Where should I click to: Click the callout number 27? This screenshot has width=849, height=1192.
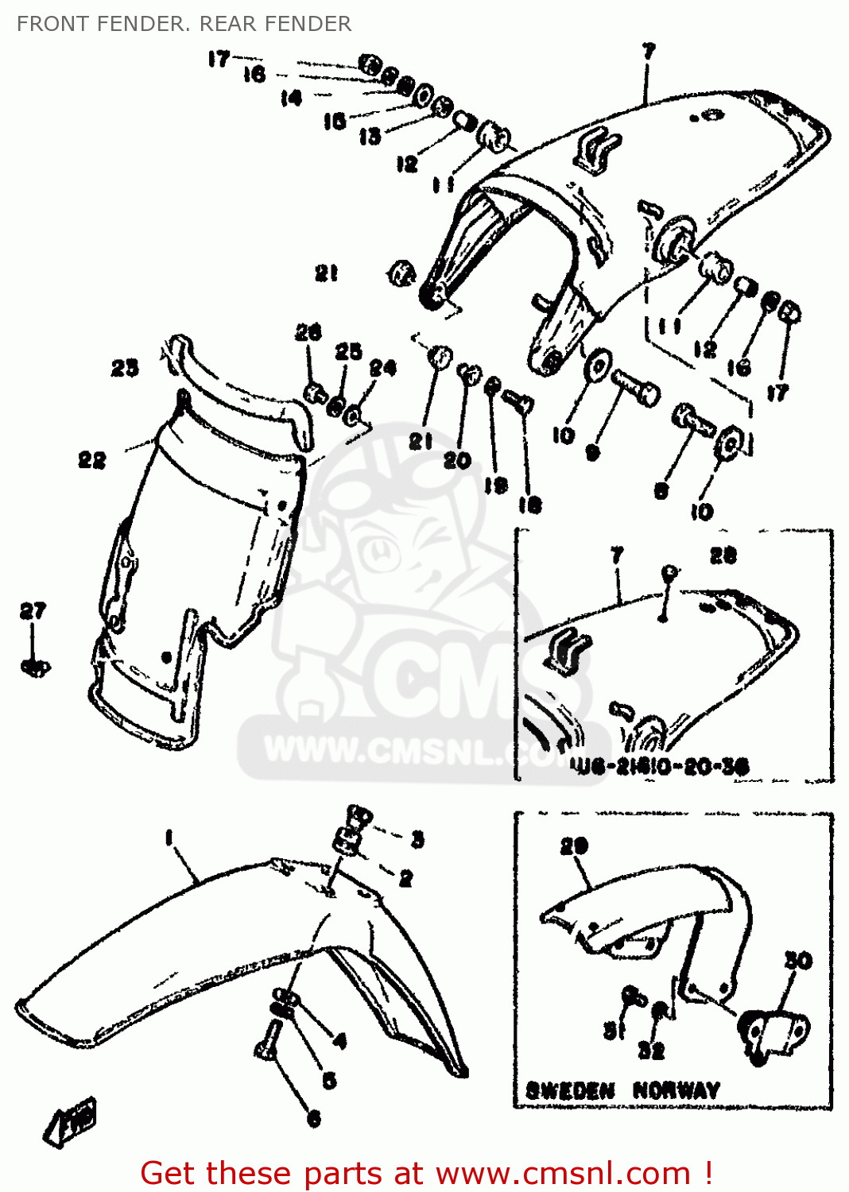(x=33, y=610)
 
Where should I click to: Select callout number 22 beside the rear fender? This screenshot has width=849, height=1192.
(x=91, y=460)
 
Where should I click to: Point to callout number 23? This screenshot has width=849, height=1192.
(x=125, y=367)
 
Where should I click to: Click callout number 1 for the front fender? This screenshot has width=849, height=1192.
(x=169, y=837)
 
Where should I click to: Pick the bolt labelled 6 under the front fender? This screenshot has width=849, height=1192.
(x=268, y=1043)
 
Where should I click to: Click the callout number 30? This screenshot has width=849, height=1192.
(x=798, y=960)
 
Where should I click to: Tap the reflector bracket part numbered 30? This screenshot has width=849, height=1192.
(x=775, y=1033)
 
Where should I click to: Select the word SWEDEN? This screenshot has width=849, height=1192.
(x=570, y=1090)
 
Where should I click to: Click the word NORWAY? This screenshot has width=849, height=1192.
(x=676, y=1090)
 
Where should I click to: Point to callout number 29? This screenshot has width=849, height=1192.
(x=574, y=846)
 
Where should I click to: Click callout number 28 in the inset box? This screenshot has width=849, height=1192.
(x=723, y=555)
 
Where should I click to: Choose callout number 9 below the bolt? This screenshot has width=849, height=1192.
(x=592, y=453)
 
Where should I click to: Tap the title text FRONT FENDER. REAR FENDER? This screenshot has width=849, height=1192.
(x=184, y=24)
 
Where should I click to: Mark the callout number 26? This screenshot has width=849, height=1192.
(x=308, y=332)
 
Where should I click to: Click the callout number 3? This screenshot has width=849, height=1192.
(x=417, y=839)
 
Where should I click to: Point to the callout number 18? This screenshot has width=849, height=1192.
(x=529, y=504)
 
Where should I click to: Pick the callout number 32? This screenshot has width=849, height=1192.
(x=651, y=1051)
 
